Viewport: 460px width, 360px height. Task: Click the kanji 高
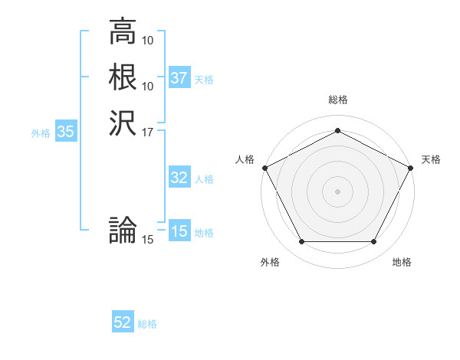(x=123, y=31)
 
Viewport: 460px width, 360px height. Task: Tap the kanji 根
(x=123, y=77)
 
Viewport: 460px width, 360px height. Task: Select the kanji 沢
(x=123, y=122)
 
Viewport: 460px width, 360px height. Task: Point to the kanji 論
(x=123, y=230)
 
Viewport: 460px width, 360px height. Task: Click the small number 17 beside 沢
(x=148, y=132)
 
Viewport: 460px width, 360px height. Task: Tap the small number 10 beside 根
(x=148, y=86)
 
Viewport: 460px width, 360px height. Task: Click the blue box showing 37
(x=179, y=78)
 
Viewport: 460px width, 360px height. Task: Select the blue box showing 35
(x=65, y=132)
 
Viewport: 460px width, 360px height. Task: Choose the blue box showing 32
(x=179, y=178)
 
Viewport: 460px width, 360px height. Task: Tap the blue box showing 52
(x=123, y=322)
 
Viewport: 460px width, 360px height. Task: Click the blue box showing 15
(x=179, y=231)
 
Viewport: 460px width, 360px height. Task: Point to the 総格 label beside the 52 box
(x=148, y=324)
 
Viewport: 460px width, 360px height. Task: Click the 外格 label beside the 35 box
(x=41, y=133)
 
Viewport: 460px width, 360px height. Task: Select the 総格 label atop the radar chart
(x=337, y=100)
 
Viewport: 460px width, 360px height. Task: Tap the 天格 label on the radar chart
(x=431, y=159)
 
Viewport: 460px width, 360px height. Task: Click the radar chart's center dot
(x=337, y=191)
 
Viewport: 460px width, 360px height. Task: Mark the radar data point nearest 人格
(x=264, y=167)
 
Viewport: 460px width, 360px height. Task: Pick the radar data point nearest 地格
(x=373, y=242)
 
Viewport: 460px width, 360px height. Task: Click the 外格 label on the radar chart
(x=270, y=262)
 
